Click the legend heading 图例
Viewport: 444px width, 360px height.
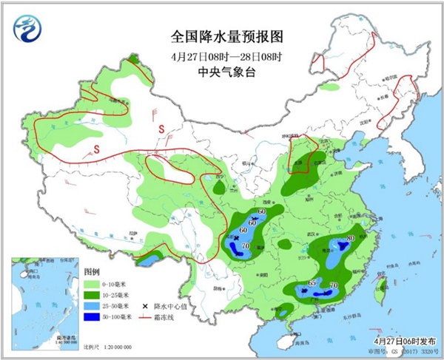[91, 271]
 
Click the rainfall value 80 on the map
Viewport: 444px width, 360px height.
[349, 238]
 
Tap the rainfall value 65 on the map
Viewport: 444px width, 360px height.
[312, 283]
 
